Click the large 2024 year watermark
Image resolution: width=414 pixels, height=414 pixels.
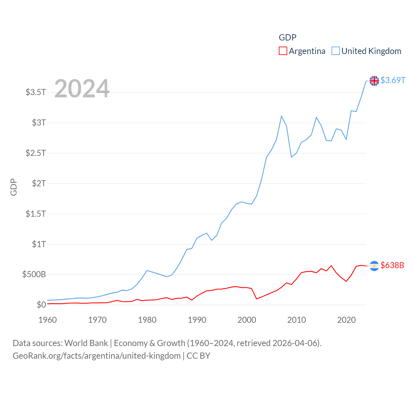[82, 88]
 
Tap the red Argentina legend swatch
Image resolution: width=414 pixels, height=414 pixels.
[283, 51]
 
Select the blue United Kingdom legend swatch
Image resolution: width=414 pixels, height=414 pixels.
[336, 51]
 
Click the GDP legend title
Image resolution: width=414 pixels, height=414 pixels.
[288, 38]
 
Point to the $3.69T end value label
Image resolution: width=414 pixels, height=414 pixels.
[393, 80]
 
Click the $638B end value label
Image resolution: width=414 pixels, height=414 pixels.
[392, 265]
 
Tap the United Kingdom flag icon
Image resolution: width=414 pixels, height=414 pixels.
[374, 81]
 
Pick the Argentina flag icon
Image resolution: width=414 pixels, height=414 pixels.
[374, 266]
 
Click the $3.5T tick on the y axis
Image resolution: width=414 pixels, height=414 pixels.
[36, 92]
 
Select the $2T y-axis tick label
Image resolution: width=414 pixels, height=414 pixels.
[39, 183]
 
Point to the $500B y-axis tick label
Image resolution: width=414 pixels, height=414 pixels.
[34, 275]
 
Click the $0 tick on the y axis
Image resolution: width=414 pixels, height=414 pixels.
[41, 305]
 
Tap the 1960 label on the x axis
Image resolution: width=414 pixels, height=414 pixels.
[48, 320]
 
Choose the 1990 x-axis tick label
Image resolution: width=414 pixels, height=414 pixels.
[197, 320]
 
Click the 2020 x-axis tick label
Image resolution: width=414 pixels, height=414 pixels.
[346, 320]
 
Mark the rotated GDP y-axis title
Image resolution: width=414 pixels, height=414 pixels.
[14, 187]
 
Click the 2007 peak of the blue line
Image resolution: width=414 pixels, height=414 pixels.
[281, 116]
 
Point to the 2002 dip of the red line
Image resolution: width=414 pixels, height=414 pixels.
[256, 299]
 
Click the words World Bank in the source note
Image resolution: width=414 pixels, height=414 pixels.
[86, 343]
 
